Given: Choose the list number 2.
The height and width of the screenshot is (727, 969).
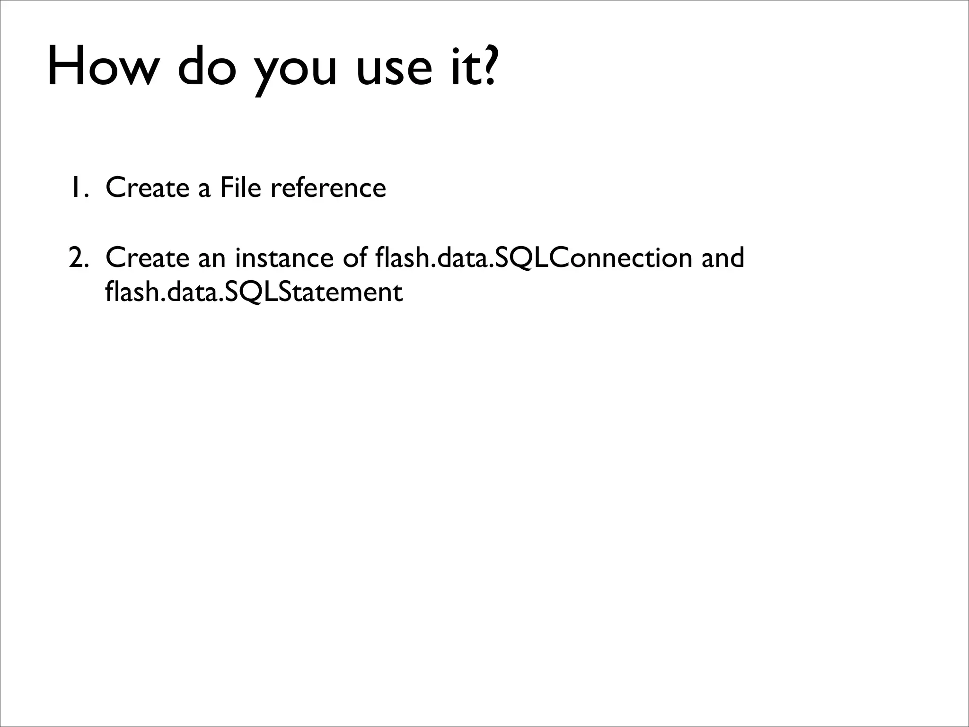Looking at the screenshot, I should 78,258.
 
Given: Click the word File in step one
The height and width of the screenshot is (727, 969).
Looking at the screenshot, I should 240,187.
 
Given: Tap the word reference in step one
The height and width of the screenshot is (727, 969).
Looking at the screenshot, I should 328,187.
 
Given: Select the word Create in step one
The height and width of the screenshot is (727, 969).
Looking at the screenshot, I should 147,187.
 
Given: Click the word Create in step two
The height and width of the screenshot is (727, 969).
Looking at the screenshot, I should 147,258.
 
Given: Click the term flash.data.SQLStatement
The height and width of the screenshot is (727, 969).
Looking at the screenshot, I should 254,292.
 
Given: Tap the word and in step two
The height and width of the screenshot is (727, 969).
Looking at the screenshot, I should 722,258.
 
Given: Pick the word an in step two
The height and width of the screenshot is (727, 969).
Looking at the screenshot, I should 211,258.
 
